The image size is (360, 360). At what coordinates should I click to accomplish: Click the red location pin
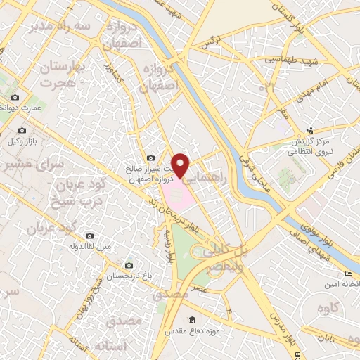(181, 164)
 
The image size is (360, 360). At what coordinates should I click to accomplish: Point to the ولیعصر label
(224, 268)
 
